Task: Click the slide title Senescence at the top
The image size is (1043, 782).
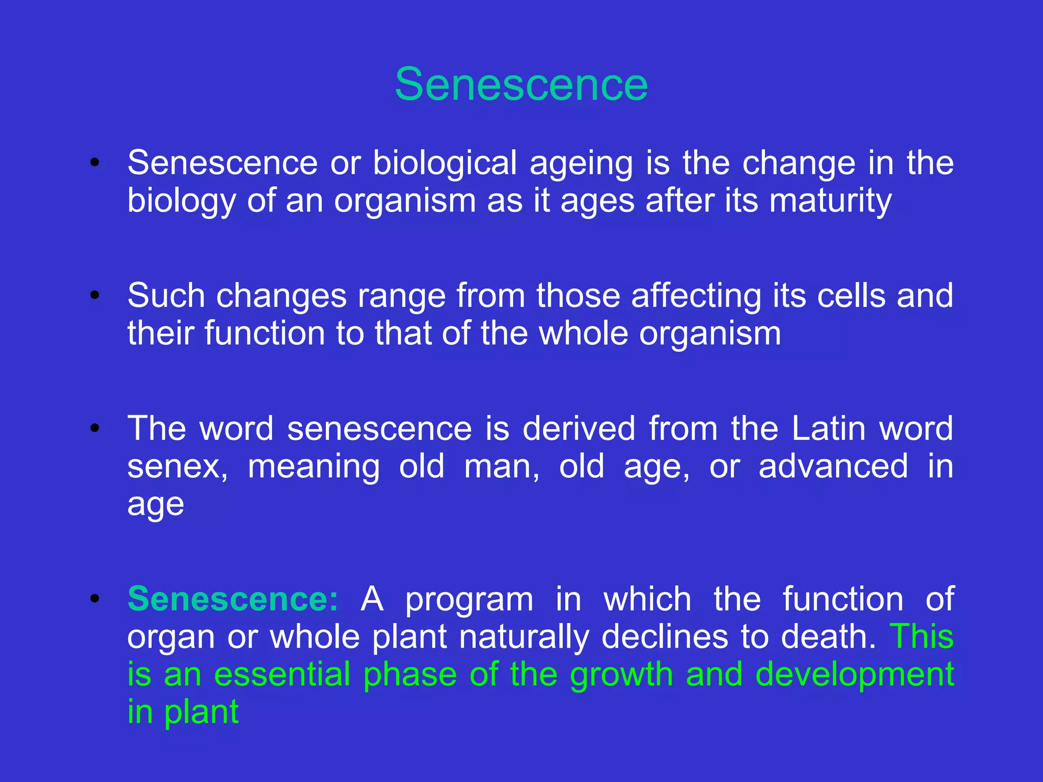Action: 521,85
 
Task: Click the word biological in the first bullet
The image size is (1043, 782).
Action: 445,163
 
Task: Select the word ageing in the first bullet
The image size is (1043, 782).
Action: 581,164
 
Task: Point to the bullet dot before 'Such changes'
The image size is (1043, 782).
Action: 94,295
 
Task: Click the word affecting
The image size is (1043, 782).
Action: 696,296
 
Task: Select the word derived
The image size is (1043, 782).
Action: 579,428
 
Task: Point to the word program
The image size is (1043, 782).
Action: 469,600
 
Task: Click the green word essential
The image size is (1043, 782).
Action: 282,675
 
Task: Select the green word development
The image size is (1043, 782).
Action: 854,675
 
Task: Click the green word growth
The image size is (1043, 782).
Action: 621,675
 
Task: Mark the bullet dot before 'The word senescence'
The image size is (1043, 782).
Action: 94,428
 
